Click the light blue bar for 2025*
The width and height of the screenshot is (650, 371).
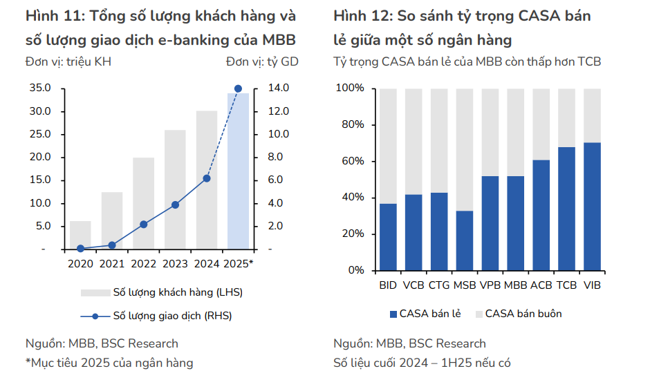(x=239, y=173)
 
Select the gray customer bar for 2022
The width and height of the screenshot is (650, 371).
(x=143, y=203)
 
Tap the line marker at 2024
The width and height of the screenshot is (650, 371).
(x=206, y=178)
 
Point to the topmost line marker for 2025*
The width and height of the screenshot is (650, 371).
(x=238, y=88)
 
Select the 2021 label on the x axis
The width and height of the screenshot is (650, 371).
(x=112, y=263)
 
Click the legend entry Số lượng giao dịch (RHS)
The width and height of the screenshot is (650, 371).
(x=172, y=316)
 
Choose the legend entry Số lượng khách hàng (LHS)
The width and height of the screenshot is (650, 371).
(x=178, y=292)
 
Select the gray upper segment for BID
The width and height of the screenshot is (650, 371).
(x=388, y=146)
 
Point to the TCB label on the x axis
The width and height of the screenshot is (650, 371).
(x=566, y=285)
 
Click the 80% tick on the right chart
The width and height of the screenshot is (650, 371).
(x=350, y=125)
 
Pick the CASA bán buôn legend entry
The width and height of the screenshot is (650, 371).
(x=523, y=314)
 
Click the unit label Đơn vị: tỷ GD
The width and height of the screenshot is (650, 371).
(x=262, y=61)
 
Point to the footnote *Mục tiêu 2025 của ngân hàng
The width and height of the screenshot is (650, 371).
(x=109, y=362)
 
